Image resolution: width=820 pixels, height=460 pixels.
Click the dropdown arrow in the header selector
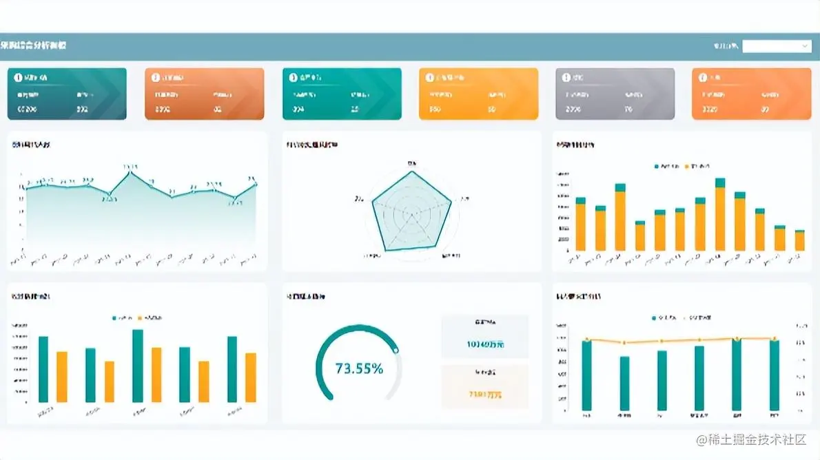tap(805, 46)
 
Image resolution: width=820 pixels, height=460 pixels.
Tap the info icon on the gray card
tap(566, 77)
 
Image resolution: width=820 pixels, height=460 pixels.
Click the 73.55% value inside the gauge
tap(358, 368)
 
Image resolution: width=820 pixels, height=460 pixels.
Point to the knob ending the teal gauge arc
tap(396, 350)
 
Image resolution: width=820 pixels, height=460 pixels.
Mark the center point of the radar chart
tap(412, 213)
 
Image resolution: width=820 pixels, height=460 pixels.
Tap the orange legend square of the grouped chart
tap(140, 318)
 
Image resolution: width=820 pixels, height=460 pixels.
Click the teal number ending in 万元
tap(485, 343)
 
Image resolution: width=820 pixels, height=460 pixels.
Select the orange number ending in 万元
tap(485, 395)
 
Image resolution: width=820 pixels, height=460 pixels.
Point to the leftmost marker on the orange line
tap(586, 339)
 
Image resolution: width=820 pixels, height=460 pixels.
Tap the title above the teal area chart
tap(31, 145)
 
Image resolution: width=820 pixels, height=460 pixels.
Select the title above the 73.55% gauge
tap(306, 297)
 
